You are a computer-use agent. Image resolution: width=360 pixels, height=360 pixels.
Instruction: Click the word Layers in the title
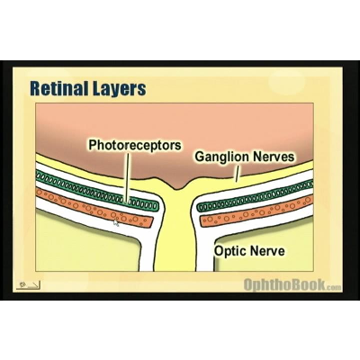(119, 90)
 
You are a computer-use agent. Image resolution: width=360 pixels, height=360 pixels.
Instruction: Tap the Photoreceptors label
(135, 144)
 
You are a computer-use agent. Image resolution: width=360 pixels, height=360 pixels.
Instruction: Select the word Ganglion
(220, 157)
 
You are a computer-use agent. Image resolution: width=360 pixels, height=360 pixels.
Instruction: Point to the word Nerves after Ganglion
(274, 157)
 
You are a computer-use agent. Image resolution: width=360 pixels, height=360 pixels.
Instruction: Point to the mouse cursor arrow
(115, 221)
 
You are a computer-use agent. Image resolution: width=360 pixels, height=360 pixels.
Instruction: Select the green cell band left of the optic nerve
(90, 190)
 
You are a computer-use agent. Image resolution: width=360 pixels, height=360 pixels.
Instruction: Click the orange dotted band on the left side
(90, 206)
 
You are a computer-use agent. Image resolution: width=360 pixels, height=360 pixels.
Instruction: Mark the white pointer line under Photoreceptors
(128, 175)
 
